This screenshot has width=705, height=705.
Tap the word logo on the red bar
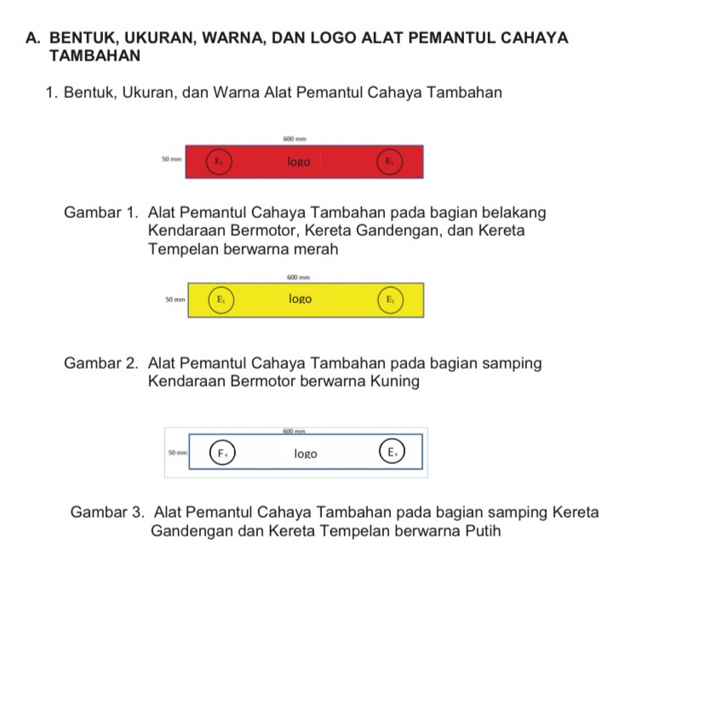299,161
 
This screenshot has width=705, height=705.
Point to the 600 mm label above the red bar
295,137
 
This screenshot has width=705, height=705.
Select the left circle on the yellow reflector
220,300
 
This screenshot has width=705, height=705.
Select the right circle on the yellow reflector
390,300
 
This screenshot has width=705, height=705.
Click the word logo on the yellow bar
300,299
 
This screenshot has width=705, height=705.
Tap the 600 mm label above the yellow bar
298,277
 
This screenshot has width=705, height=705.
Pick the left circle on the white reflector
222,453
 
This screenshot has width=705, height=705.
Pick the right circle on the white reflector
391,452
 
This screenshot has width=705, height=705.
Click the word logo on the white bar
305,454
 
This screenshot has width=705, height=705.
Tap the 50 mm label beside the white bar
178,453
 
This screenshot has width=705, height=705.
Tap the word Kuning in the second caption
394,381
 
